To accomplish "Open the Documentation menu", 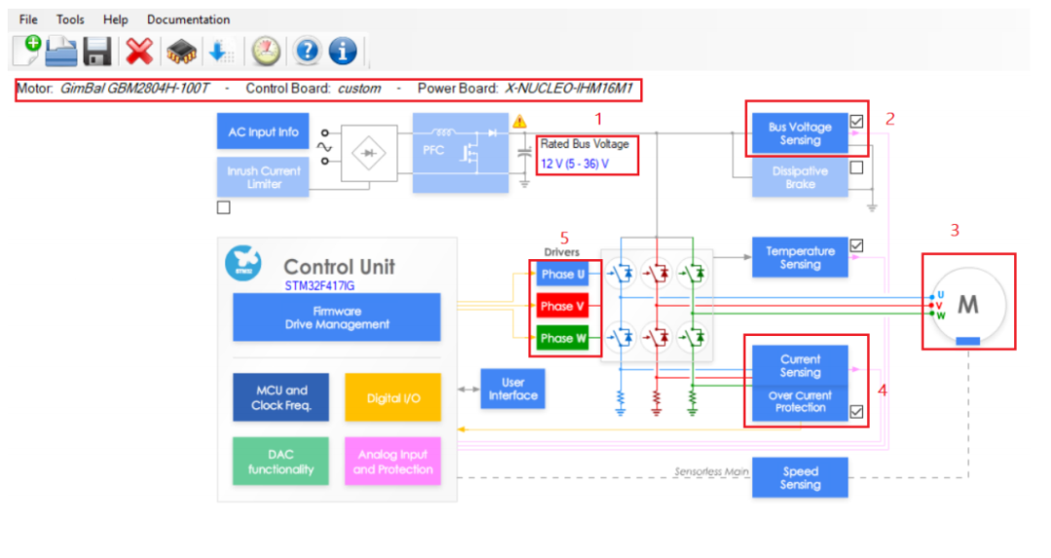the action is (x=189, y=19).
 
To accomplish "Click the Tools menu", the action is (x=70, y=19).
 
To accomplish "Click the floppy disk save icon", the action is (x=97, y=51).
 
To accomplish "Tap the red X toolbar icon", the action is (x=139, y=51).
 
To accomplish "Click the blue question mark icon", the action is (x=307, y=51).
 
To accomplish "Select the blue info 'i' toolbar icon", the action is (x=343, y=51).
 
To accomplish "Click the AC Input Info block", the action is (x=263, y=131).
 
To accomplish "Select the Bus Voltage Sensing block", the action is (x=800, y=133).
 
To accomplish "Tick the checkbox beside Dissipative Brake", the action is (x=856, y=167).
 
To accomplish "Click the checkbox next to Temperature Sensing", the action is (x=856, y=245).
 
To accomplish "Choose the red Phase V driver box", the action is (x=562, y=306).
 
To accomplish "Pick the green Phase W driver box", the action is (x=562, y=338).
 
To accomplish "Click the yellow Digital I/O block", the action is (x=393, y=397).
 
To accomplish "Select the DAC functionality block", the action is (x=281, y=462).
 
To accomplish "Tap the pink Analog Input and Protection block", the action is (x=393, y=462).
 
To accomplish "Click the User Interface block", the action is (x=513, y=389).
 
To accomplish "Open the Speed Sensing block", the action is (x=800, y=477).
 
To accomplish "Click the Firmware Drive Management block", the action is (x=337, y=317).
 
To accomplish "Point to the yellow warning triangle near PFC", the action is (x=520, y=122).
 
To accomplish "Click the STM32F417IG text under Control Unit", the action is (x=320, y=285).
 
